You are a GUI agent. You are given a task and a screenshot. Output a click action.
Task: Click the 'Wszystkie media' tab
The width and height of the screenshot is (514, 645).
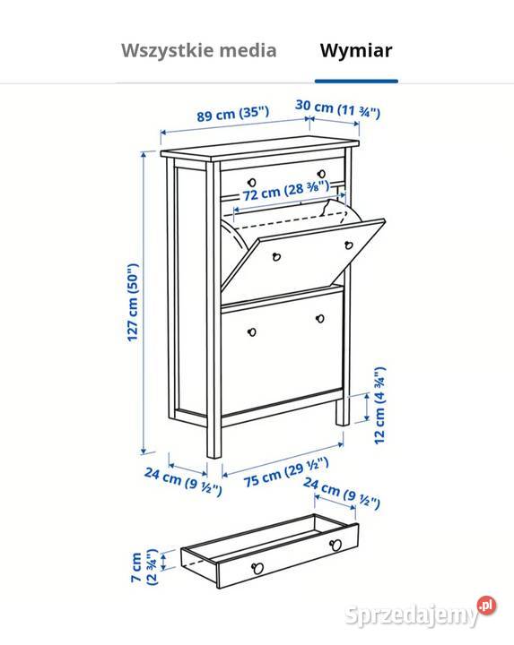click(198, 50)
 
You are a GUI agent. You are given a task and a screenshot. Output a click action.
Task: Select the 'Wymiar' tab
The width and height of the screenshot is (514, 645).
click(356, 50)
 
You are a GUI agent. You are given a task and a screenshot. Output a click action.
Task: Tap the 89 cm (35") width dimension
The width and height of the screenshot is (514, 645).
click(233, 114)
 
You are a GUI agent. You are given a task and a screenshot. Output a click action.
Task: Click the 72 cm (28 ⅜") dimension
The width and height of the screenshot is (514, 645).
click(287, 192)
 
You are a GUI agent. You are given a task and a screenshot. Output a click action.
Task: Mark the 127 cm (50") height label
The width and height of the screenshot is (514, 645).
click(133, 302)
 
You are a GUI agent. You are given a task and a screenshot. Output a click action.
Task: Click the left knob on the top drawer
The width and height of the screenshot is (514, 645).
click(248, 174)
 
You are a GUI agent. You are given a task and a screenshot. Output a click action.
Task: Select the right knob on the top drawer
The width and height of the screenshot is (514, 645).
click(320, 174)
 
